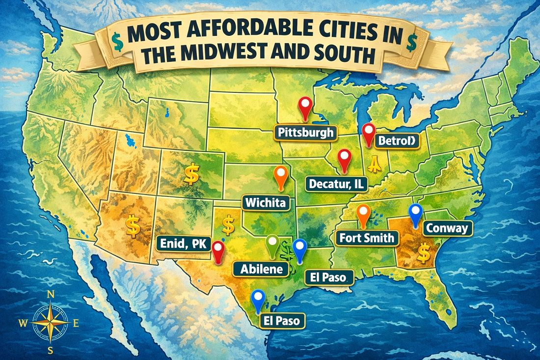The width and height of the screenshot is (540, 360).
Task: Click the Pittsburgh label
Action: point(305,132)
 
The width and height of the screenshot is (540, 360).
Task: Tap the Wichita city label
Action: point(265,202)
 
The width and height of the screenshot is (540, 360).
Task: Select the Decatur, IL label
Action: point(338,184)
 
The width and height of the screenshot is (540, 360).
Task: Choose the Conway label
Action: point(446,228)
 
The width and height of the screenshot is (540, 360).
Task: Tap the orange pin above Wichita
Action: point(280,176)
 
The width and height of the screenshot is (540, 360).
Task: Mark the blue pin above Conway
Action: point(416,214)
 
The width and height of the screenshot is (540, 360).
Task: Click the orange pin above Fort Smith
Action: point(363,214)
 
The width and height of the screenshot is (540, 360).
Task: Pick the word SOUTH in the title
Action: point(336,55)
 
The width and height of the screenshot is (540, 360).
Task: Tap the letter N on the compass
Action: point(50,294)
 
